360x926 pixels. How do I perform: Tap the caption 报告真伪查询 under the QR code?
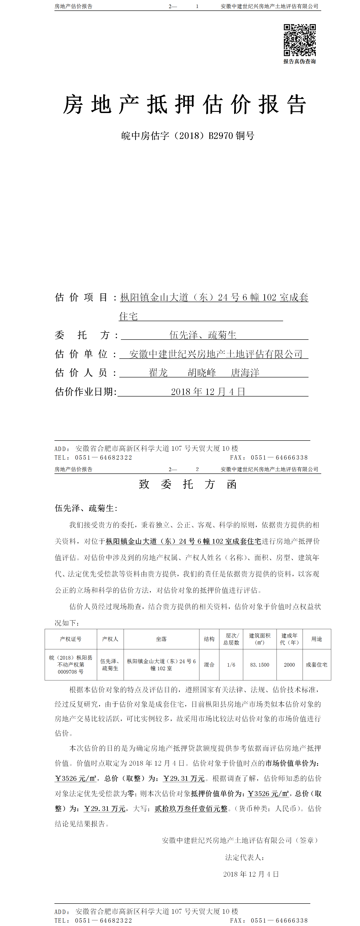300,62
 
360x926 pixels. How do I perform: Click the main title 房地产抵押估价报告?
185,105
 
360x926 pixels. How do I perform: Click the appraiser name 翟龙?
158,373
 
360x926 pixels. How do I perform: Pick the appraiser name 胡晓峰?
202,373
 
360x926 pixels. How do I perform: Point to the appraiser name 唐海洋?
245,373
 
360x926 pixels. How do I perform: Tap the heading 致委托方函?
188,485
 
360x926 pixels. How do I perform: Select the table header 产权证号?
71,639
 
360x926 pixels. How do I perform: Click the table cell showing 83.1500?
260,665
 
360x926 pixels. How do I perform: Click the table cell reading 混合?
209,665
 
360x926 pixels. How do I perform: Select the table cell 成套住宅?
316,665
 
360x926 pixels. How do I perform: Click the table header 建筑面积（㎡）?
260,639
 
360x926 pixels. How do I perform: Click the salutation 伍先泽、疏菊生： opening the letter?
86,508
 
